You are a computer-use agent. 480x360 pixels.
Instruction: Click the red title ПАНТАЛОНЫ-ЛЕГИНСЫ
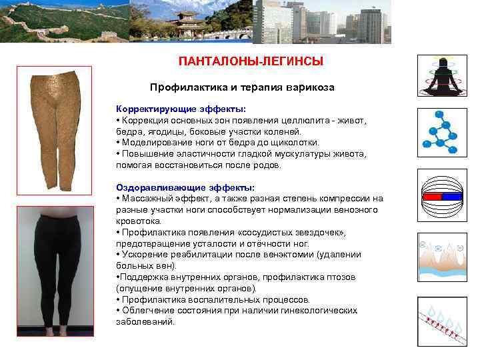pyautogui.click(x=251, y=61)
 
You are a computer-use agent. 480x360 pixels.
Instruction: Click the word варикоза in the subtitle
pyautogui.click(x=309, y=87)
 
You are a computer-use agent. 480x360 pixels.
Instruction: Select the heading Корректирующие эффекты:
pyautogui.click(x=181, y=109)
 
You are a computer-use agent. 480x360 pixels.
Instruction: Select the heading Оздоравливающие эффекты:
pyautogui.click(x=185, y=187)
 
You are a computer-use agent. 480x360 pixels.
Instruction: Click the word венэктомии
pyautogui.click(x=290, y=254)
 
